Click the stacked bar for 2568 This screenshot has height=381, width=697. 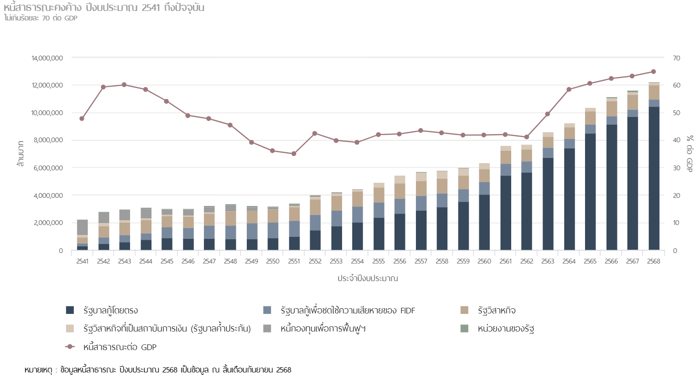[x=654, y=166]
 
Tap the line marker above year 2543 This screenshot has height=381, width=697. [x=124, y=85]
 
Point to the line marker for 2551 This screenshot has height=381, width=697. [x=293, y=154]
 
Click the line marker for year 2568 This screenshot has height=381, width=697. [x=654, y=72]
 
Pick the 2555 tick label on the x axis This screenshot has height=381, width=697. [x=379, y=262]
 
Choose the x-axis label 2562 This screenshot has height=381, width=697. [x=526, y=262]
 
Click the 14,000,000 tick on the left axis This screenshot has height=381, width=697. [x=48, y=58]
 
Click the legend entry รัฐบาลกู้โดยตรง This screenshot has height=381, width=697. [x=110, y=311]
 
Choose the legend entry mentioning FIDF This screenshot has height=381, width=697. [x=348, y=311]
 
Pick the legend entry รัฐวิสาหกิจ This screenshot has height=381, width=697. [x=497, y=311]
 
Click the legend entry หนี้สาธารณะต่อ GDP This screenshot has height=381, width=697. [x=120, y=347]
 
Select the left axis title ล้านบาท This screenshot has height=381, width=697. [x=21, y=154]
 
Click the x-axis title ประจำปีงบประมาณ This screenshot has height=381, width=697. [x=367, y=278]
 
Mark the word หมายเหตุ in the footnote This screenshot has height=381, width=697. [x=38, y=370]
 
